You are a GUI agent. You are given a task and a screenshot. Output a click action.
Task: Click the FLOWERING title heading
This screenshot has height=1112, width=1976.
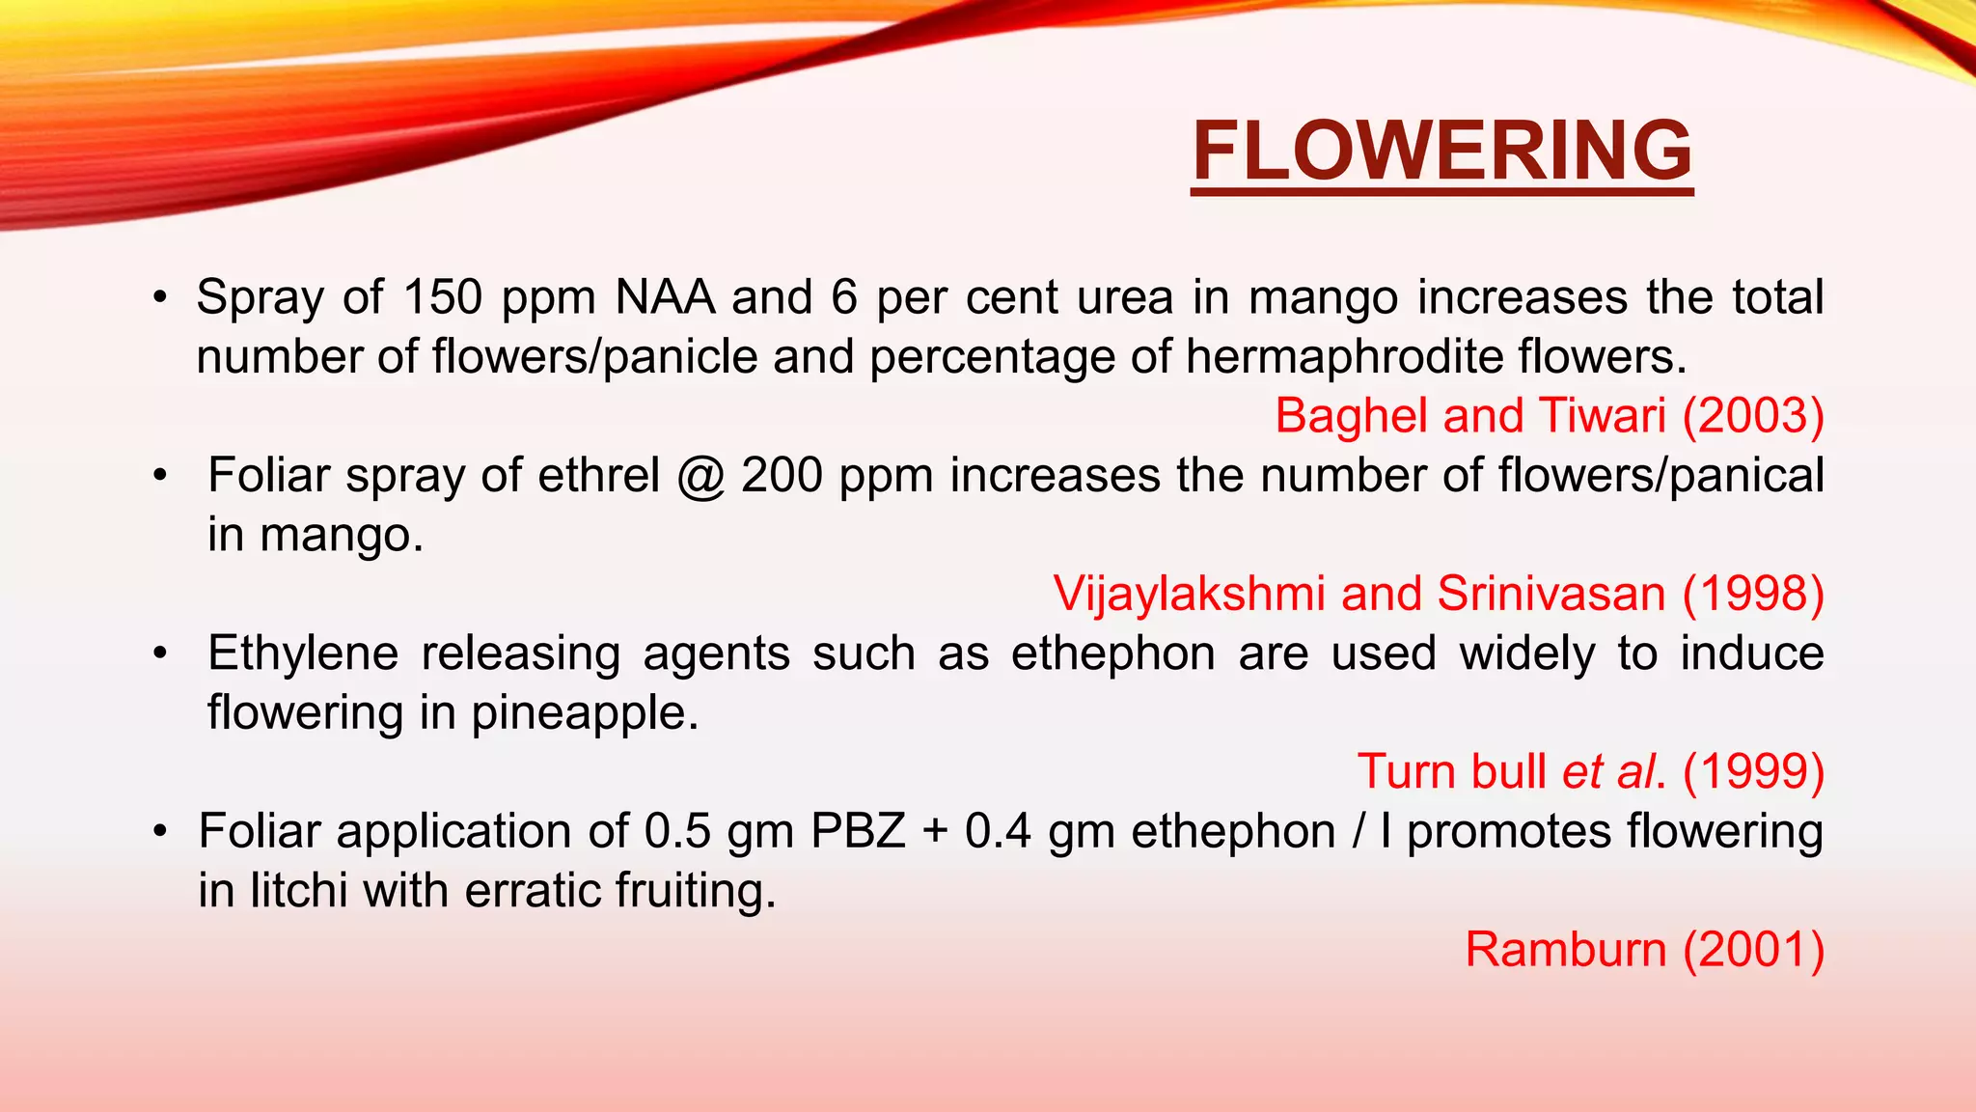click(x=1441, y=152)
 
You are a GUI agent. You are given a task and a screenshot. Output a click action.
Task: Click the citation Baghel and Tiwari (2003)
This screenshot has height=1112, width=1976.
click(x=1549, y=416)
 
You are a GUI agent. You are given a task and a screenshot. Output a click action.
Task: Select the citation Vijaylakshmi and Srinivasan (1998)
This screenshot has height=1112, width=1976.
click(x=1438, y=594)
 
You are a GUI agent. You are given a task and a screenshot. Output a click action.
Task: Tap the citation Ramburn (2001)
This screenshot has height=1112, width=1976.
click(x=1644, y=950)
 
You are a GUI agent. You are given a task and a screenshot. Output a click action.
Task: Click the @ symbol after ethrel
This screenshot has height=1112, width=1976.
click(x=700, y=477)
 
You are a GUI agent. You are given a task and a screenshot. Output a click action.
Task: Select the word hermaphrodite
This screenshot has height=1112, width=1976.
click(x=1344, y=357)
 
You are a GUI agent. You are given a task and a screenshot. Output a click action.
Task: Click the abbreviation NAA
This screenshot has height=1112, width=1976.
click(x=665, y=297)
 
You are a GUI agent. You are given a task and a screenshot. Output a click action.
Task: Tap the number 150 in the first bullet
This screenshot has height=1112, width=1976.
click(x=442, y=297)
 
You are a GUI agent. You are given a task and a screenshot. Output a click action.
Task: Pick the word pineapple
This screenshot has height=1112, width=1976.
click(x=584, y=714)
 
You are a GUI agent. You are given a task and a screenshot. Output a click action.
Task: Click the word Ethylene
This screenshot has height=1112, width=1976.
click(x=303, y=654)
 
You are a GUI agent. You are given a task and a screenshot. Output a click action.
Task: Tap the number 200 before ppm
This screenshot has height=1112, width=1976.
click(x=782, y=477)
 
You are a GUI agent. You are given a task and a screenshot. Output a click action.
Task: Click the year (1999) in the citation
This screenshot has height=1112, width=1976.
click(x=1753, y=772)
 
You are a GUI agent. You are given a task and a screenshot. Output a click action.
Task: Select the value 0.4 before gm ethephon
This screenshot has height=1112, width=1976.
click(x=998, y=832)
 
